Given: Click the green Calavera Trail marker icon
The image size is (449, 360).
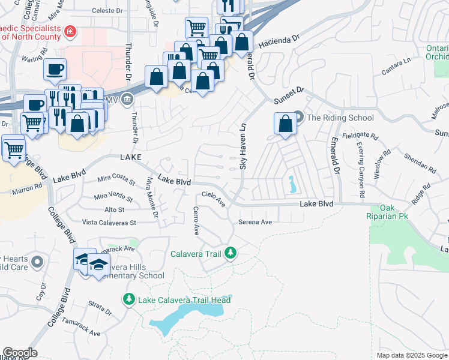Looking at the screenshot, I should (230, 254).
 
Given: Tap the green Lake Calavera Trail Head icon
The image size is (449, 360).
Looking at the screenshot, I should (128, 299).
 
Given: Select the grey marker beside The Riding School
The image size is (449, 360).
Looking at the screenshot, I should (299, 118).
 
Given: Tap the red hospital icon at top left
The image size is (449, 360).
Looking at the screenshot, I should (70, 31).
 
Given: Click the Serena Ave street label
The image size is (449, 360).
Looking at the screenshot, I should (255, 222).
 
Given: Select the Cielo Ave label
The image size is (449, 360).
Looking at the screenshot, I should (213, 198).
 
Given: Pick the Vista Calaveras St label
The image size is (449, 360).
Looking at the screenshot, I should (110, 222).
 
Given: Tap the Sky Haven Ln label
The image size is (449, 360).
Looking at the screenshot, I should (243, 147).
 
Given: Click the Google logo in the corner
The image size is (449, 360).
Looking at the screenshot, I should (20, 353).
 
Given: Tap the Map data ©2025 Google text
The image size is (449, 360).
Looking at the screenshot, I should (412, 355).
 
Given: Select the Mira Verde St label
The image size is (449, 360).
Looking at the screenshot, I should (113, 196).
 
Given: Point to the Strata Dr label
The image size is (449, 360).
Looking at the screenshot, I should (100, 308).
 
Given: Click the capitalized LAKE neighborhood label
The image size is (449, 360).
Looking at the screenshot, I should (131, 157).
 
